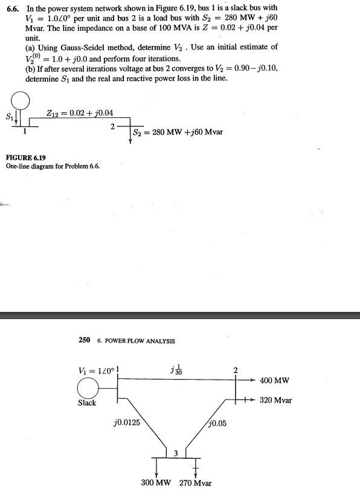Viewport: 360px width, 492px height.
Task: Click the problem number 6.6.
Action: (x=13, y=7)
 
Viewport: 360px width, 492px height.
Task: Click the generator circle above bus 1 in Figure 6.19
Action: (x=21, y=99)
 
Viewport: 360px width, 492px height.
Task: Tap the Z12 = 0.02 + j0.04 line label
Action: (x=80, y=112)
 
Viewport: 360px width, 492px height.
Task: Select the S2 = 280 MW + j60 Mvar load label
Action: (x=176, y=132)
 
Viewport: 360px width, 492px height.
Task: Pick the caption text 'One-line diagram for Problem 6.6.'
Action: (x=53, y=166)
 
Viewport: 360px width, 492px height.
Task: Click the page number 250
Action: (x=85, y=340)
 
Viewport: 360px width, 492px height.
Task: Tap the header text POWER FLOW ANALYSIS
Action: (x=140, y=341)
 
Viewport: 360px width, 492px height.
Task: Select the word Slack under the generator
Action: (x=87, y=403)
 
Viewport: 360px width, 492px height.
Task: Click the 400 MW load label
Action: (x=274, y=380)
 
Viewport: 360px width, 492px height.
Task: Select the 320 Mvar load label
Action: (x=275, y=400)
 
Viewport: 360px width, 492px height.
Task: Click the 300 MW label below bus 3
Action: (x=156, y=483)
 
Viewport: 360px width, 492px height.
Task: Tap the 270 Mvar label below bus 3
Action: (x=196, y=484)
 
